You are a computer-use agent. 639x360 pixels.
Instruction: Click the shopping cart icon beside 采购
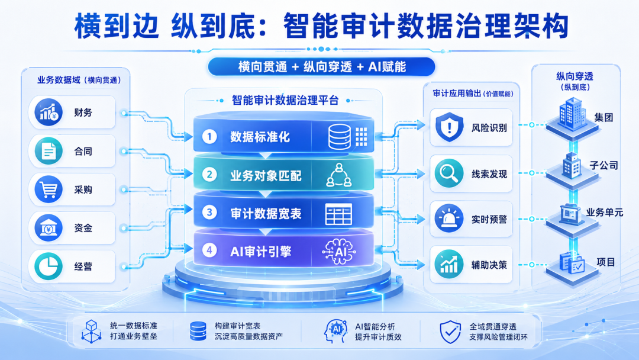(x=49, y=189)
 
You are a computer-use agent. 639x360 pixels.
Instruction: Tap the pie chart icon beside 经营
(x=49, y=266)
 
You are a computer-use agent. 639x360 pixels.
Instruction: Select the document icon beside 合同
(x=49, y=151)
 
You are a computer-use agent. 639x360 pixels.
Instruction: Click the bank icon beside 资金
(x=49, y=228)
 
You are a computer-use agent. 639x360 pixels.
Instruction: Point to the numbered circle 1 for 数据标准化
(x=209, y=137)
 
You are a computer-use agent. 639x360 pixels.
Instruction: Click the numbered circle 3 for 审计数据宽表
(x=209, y=213)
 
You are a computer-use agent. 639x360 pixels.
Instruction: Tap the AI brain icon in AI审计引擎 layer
(x=339, y=252)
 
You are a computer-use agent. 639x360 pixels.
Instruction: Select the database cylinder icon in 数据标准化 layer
(x=340, y=137)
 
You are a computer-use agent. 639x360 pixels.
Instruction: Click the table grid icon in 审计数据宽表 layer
(x=338, y=214)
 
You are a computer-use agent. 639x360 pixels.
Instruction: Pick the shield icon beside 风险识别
(x=449, y=127)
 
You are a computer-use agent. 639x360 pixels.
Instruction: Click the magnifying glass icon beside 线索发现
(x=448, y=173)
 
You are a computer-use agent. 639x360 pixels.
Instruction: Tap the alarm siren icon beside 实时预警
(x=448, y=219)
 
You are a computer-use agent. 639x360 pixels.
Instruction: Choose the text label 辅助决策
(x=489, y=265)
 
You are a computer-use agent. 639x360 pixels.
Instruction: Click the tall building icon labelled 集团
(x=573, y=114)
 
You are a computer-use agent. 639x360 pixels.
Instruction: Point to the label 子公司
(x=603, y=165)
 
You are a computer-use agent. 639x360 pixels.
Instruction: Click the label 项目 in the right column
(x=606, y=262)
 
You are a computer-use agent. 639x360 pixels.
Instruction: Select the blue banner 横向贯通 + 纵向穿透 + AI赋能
(x=321, y=67)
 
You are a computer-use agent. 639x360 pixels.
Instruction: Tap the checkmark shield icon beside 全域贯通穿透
(x=450, y=332)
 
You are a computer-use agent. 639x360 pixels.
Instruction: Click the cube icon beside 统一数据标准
(x=91, y=332)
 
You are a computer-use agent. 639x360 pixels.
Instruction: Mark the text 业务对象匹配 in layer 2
(x=266, y=176)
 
